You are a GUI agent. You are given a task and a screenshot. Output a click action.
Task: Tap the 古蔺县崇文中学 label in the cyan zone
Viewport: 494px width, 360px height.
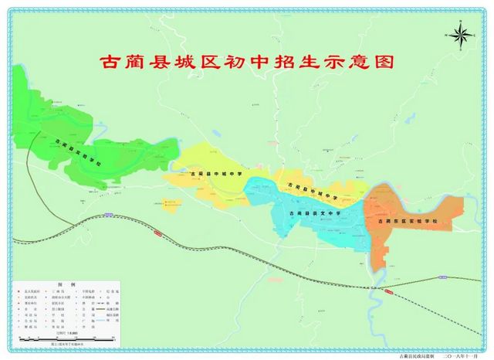point(313,212)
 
